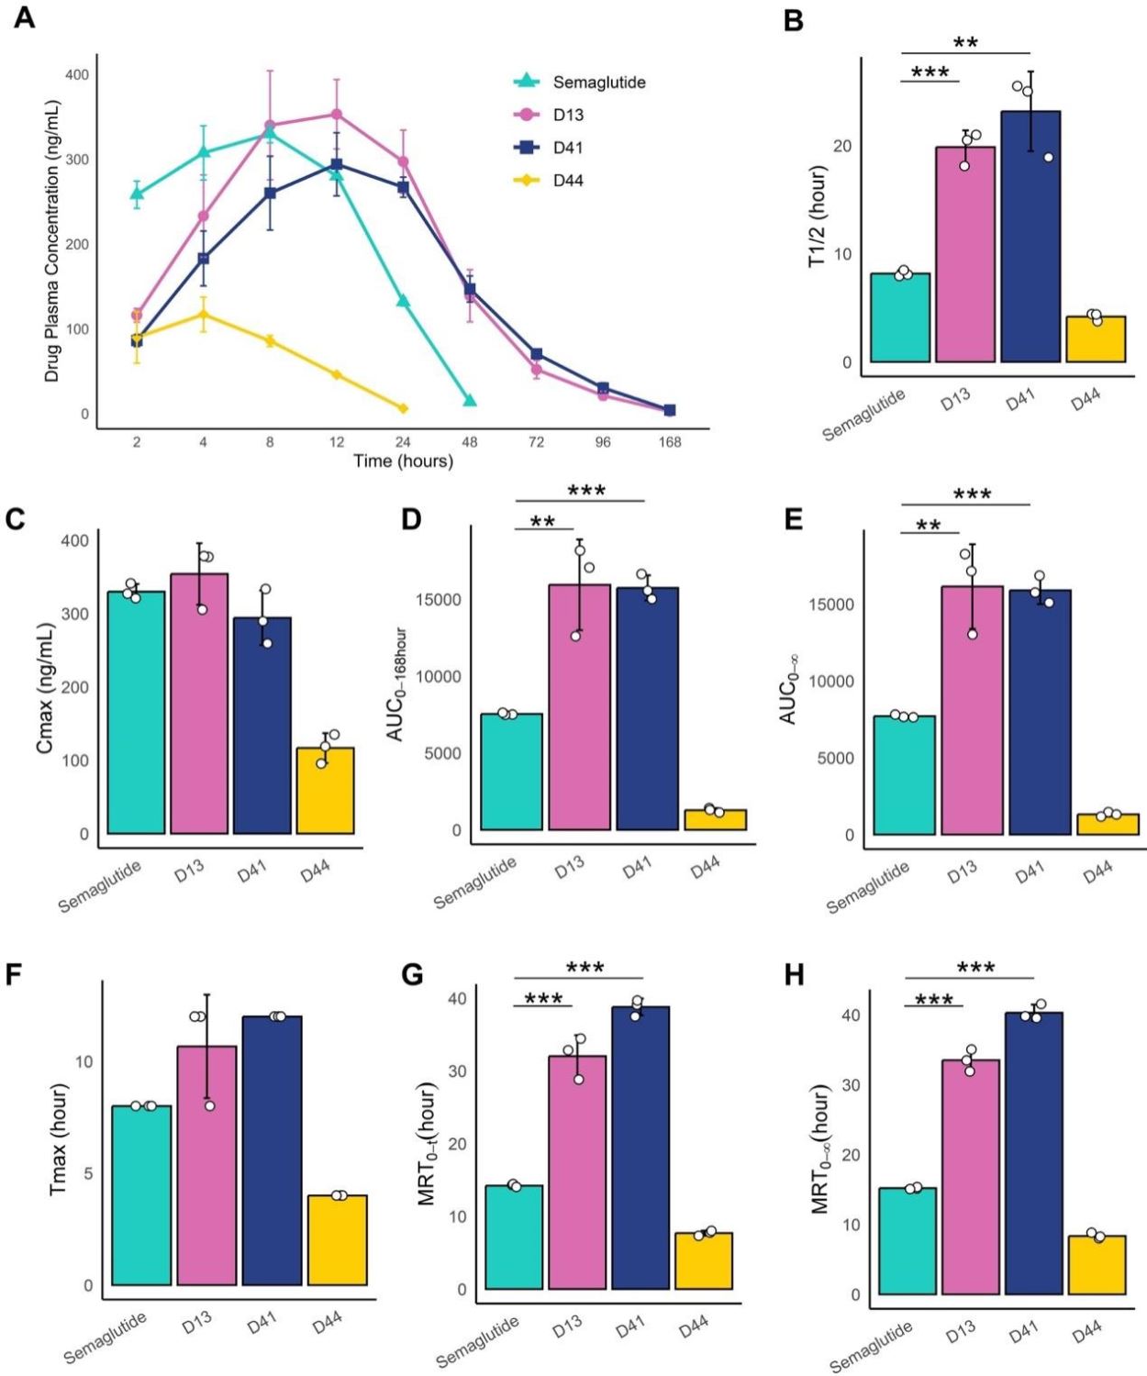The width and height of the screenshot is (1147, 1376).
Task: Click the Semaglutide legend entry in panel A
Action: (598, 83)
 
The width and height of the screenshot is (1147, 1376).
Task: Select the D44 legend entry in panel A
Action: (567, 181)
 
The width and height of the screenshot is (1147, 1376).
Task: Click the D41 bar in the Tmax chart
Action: (272, 1150)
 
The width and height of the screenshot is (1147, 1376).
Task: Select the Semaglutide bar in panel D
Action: (512, 771)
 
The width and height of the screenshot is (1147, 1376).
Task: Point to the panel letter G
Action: (412, 974)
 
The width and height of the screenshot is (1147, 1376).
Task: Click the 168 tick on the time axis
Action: (670, 442)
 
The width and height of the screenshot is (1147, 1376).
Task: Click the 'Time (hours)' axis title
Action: (404, 461)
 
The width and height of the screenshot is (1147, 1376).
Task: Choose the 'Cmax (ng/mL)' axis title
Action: (45, 688)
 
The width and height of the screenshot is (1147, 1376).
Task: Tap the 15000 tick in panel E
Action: (831, 605)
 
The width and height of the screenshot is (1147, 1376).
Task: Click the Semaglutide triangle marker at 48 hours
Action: (470, 400)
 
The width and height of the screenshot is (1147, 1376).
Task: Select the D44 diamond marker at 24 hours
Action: (403, 408)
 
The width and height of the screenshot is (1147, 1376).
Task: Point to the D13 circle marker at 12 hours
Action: (337, 115)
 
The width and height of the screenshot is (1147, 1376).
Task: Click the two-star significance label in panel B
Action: (965, 42)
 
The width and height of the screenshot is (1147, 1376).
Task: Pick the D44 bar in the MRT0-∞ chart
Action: (1097, 1265)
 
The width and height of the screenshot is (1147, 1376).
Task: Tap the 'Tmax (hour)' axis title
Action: (59, 1139)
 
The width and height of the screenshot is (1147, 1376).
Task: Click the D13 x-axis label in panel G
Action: (566, 1326)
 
